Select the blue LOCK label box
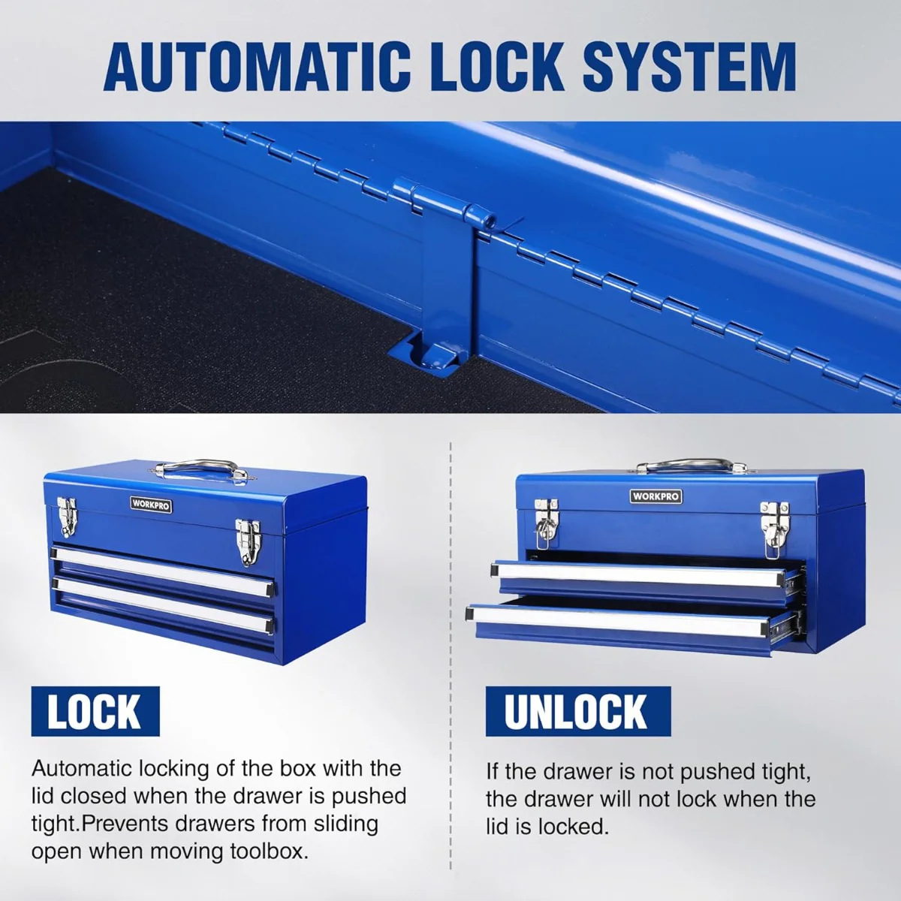tap(95, 712)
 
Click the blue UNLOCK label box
tap(577, 712)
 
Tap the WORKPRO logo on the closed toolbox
tap(151, 505)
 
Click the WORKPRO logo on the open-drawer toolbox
tap(655, 496)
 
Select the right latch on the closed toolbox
tap(246, 541)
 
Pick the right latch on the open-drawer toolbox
tap(773, 523)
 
